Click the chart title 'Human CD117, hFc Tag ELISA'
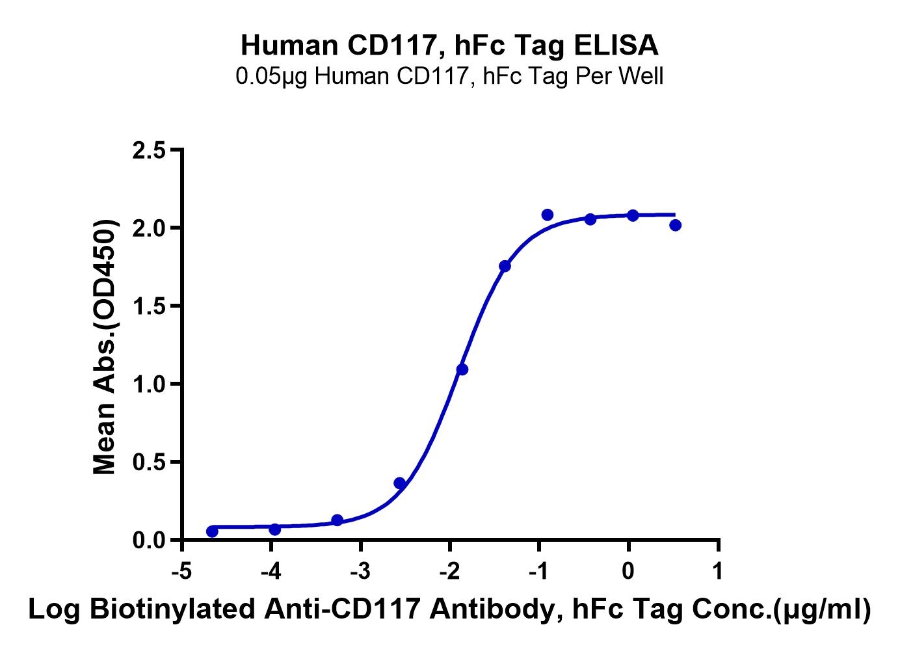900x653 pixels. point(449,46)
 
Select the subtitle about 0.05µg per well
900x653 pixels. point(449,77)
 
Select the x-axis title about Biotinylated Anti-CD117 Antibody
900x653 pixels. point(449,610)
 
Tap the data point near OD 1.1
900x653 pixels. point(462,369)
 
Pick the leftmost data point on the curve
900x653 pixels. point(212,531)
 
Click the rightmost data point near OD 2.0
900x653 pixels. point(675,225)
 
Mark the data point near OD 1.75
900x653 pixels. point(505,266)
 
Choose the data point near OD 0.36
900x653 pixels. point(400,483)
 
